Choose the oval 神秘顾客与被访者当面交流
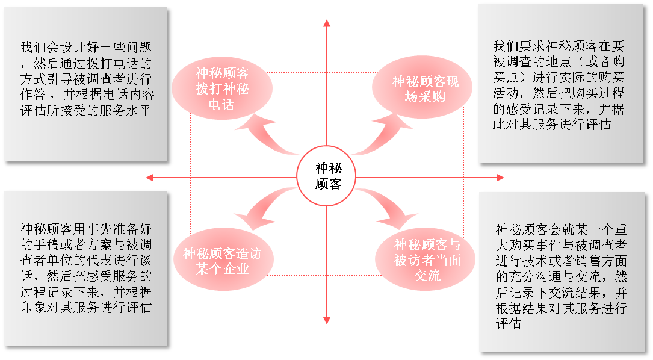coord(427,259)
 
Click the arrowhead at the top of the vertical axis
coord(327,23)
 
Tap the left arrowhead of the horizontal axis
coord(150,178)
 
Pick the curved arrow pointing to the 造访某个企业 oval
coord(260,205)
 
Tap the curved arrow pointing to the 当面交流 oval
coord(388,208)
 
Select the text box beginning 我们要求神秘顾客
coord(560,84)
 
